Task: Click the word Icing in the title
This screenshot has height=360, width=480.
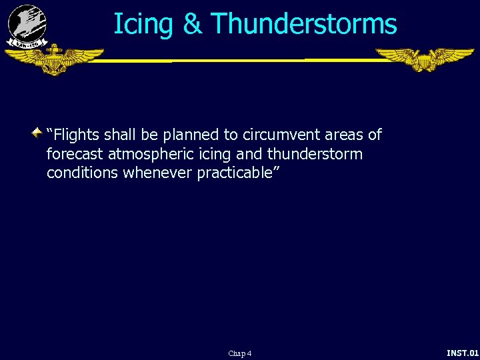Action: [x=143, y=25]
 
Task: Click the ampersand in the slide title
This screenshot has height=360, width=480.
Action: [x=192, y=25]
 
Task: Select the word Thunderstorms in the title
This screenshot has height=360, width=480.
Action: [x=304, y=25]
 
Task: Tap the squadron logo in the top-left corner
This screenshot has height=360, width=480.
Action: [x=27, y=25]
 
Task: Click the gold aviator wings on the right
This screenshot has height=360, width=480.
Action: [x=424, y=59]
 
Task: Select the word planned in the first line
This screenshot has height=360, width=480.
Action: [x=189, y=135]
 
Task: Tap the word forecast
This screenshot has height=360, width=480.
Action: [x=73, y=155]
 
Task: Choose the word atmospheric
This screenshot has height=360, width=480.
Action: [x=147, y=155]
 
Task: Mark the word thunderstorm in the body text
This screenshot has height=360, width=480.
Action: [x=315, y=155]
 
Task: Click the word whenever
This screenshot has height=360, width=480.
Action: [x=157, y=173]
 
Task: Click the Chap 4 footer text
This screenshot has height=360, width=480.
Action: [x=239, y=353]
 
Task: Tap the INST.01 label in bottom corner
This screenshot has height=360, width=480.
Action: [x=462, y=352]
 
